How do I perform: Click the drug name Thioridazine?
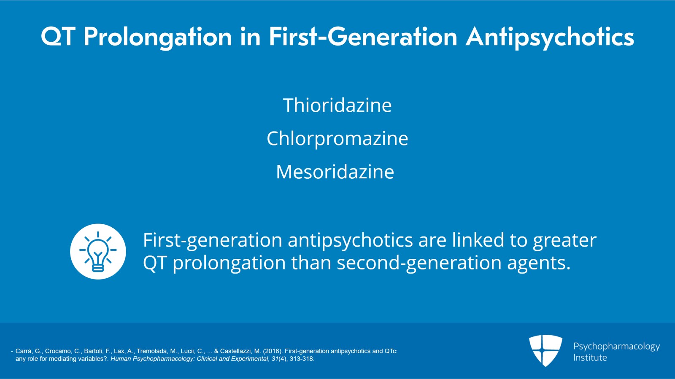(x=337, y=105)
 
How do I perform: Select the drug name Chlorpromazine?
(x=337, y=138)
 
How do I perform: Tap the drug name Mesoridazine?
(x=335, y=172)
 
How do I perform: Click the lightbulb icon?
(x=98, y=251)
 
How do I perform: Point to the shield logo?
(x=546, y=350)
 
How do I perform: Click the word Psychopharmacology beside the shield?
(x=616, y=347)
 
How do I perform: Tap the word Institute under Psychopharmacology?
(x=590, y=357)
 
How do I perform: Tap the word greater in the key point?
(x=565, y=241)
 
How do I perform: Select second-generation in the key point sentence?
(x=419, y=263)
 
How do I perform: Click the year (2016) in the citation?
(x=273, y=351)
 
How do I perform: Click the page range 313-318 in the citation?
(x=302, y=359)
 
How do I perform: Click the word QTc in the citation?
(x=391, y=351)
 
